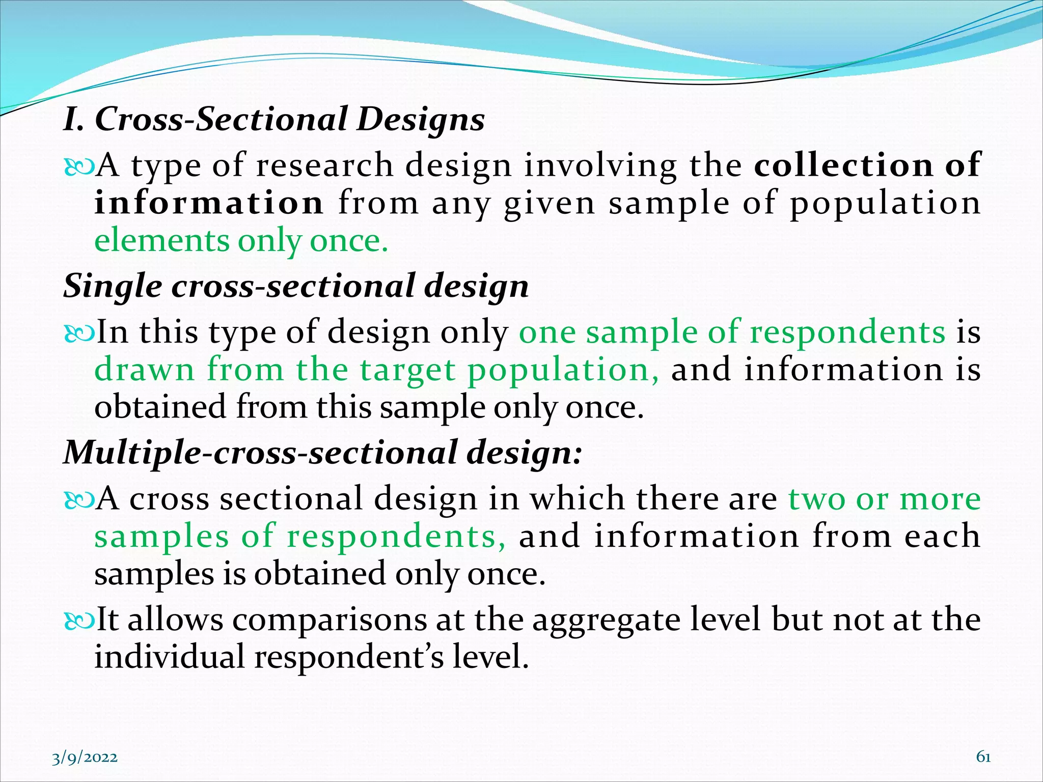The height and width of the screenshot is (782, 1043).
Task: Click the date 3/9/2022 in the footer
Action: (85, 758)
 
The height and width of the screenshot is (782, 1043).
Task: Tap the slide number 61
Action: (983, 757)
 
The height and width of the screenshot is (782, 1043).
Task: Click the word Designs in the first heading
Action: (420, 120)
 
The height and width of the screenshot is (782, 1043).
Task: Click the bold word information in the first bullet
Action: (209, 203)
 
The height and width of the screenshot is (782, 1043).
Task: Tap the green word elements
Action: (162, 240)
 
